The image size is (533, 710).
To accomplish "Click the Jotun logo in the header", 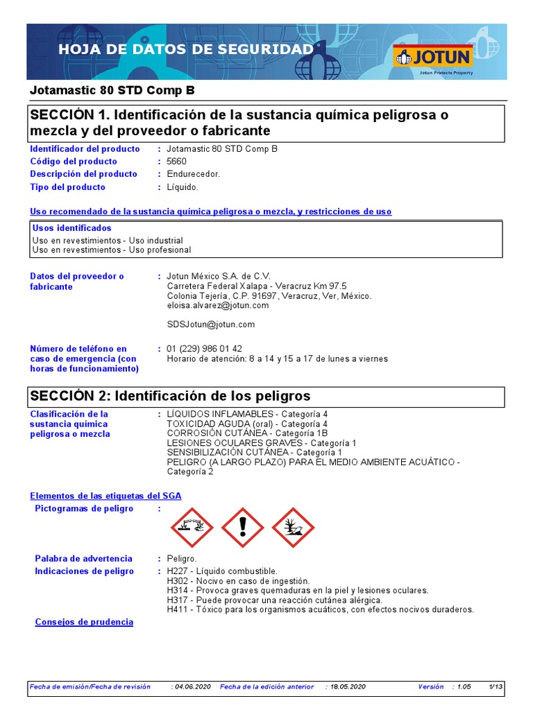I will coord(432,57).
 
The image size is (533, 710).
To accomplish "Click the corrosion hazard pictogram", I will coord(192,528).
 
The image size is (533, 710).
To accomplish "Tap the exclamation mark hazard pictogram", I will coord(242,528).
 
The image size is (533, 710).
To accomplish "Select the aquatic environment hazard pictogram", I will coord(293,528).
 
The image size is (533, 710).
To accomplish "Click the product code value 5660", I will coord(177,162).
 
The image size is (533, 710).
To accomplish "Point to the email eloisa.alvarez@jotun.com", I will coord(218,306).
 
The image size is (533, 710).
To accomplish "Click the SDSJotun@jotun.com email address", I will coord(211,324).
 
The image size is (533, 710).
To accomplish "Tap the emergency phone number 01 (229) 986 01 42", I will coord(205,349).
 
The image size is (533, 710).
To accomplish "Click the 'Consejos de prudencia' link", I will coord(84,623).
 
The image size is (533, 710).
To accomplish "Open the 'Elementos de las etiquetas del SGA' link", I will coord(105,496).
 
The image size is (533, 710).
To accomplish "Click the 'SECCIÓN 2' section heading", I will coord(169,396).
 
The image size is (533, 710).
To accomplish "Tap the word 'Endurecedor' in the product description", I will coord(193,174).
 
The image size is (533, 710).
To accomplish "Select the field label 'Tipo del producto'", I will coord(67,187).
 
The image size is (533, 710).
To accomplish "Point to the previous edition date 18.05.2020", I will coord(348,687).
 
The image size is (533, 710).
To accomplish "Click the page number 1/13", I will coord(496,687).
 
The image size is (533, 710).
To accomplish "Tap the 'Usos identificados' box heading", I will coord(71,228).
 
